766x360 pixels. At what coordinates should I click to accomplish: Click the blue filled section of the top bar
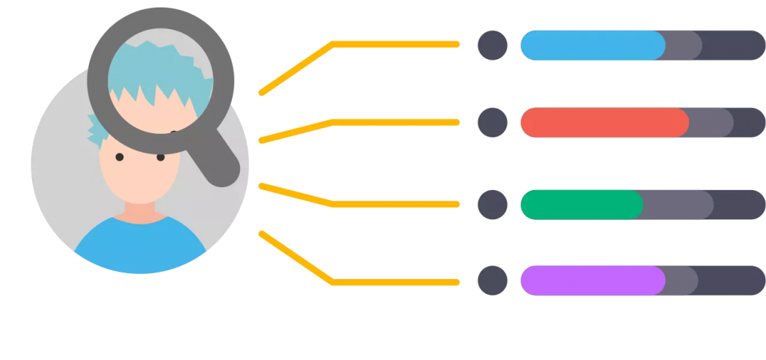(x=591, y=45)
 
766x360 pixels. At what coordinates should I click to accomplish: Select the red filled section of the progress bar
(x=603, y=123)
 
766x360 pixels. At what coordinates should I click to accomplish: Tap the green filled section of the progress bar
(x=580, y=204)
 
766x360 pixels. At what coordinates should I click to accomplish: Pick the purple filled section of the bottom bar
(x=591, y=281)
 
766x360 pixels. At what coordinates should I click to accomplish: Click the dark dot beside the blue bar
(x=492, y=45)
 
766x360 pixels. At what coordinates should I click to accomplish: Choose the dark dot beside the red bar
(x=492, y=123)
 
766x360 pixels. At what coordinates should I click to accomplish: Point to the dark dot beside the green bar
(x=492, y=204)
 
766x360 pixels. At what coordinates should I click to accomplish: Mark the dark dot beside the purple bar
(x=492, y=281)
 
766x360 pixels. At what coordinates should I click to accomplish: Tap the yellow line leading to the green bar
(x=396, y=204)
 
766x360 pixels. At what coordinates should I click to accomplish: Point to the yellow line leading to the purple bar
(x=396, y=282)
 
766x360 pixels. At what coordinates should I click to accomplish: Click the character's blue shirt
(x=139, y=243)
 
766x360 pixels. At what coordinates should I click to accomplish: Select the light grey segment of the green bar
(x=678, y=204)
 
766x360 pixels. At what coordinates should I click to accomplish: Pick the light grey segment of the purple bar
(x=681, y=281)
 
